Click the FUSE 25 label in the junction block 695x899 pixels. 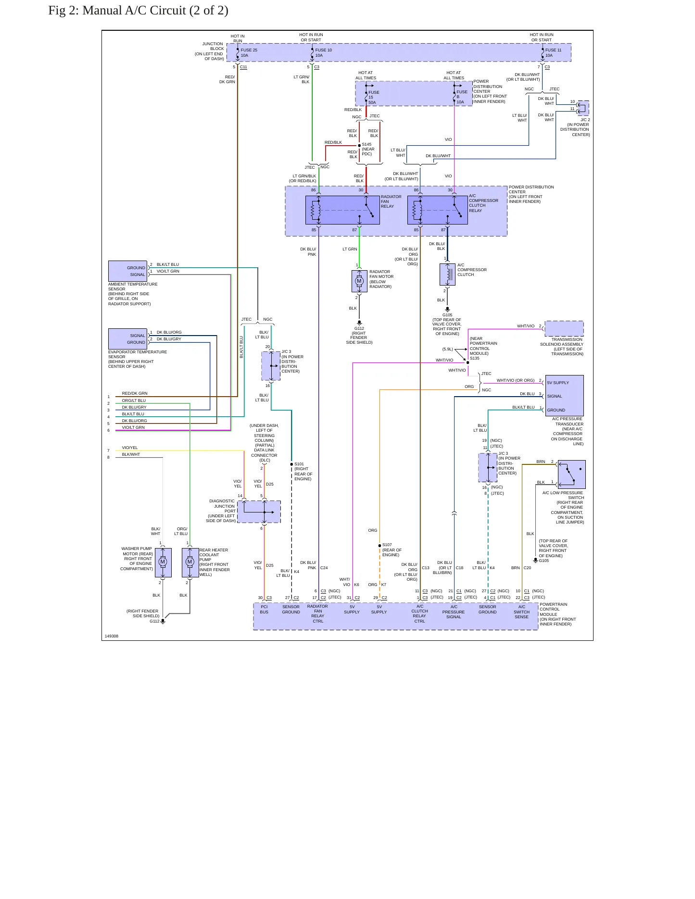pos(249,50)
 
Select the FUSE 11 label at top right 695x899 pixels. pos(553,50)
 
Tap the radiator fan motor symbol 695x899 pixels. pos(359,281)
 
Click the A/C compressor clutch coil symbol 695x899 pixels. pos(448,275)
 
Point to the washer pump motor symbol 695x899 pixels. pos(163,562)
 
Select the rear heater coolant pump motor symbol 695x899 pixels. pos(190,562)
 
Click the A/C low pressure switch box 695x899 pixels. pos(571,474)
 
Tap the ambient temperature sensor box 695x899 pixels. pos(127,271)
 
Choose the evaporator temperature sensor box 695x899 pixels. pos(127,339)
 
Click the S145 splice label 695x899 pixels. pos(366,144)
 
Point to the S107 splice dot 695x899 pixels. pos(379,546)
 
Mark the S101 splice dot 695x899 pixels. pos(291,464)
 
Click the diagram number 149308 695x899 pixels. pos(112,636)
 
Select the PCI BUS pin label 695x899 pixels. pos(264,609)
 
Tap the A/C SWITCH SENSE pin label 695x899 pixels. pos(521,612)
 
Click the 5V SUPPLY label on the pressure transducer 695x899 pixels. pos(558,383)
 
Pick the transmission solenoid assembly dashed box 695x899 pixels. pos(564,328)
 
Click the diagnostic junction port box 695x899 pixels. pos(259,512)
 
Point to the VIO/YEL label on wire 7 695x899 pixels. pos(130,448)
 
